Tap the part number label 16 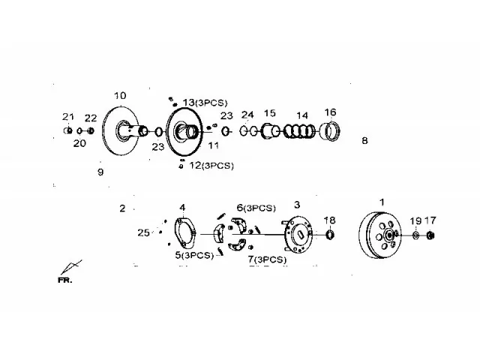tap(330, 112)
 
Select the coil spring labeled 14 tap(299, 131)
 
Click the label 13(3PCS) tap(205, 103)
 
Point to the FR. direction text tap(65, 280)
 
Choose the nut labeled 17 tap(430, 235)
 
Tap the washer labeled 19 tap(415, 235)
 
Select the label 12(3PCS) tap(211, 166)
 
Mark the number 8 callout tap(364, 141)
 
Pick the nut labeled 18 tap(330, 235)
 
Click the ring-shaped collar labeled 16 tap(330, 132)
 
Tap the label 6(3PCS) tap(256, 208)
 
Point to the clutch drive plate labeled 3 tap(296, 235)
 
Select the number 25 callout tap(143, 233)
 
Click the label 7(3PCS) tap(267, 259)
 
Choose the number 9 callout tap(100, 172)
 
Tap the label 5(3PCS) tap(194, 255)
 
